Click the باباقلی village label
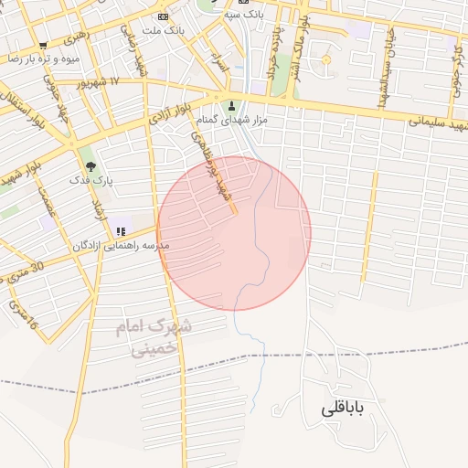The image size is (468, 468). [x=343, y=409]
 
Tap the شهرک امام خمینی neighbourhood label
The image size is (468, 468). [x=155, y=335]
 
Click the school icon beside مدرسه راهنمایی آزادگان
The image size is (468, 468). [x=121, y=230]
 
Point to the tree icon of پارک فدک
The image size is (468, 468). [x=90, y=165]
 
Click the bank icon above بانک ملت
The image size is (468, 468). [x=163, y=16]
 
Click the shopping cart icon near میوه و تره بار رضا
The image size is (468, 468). [x=42, y=45]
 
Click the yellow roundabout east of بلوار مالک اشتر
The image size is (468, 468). [x=325, y=60]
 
